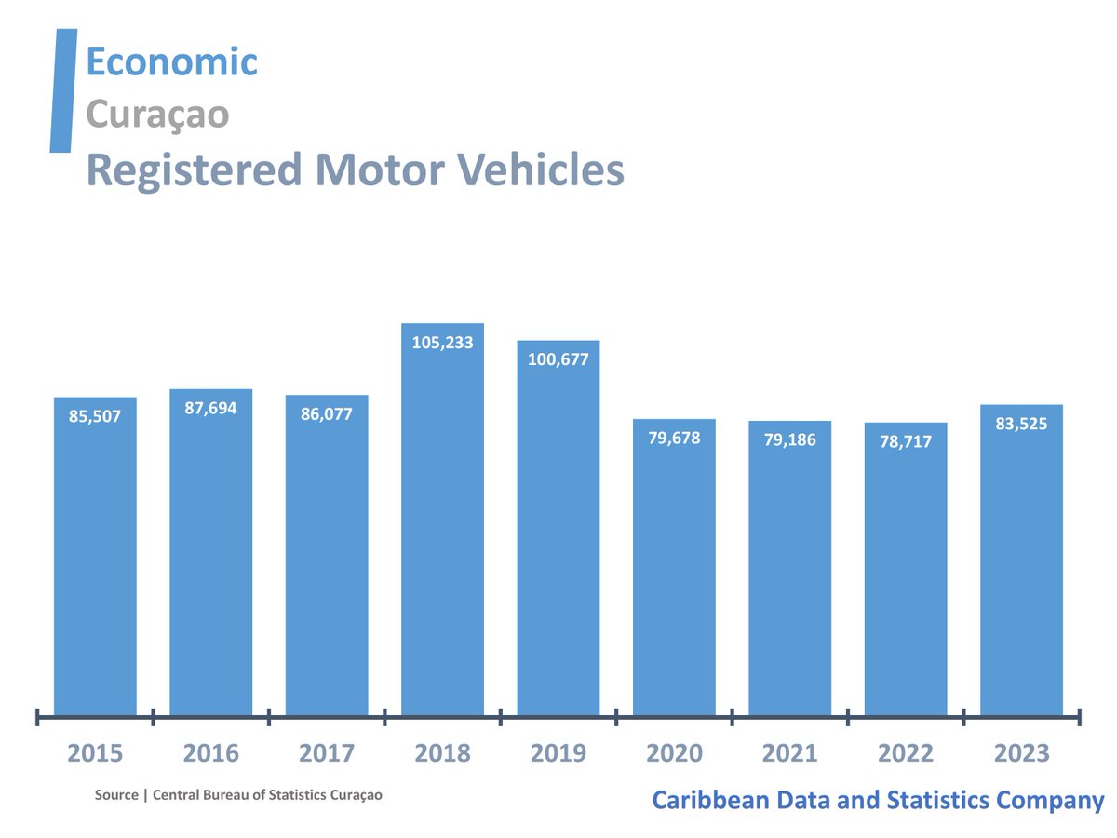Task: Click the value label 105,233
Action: (x=442, y=343)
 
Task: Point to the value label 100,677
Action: (x=558, y=359)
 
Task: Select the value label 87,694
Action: (x=210, y=408)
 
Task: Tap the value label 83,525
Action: (x=1021, y=424)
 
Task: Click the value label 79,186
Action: (x=789, y=439)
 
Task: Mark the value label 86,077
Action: (x=327, y=414)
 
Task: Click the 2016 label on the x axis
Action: (x=210, y=752)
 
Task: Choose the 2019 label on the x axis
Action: (x=558, y=752)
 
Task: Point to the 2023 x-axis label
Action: (x=1021, y=752)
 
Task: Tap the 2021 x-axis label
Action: (x=789, y=752)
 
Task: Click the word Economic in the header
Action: (x=171, y=61)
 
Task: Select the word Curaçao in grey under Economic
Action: (x=157, y=115)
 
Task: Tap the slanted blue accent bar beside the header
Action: (x=63, y=90)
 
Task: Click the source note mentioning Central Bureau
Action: (x=238, y=795)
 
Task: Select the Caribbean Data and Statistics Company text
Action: (x=877, y=800)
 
